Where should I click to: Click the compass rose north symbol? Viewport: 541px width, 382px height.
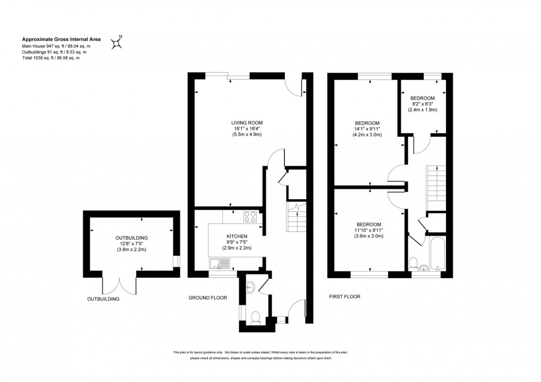tap(117, 43)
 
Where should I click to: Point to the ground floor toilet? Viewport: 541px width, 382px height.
tap(254, 317)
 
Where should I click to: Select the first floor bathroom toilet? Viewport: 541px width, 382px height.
tap(413, 261)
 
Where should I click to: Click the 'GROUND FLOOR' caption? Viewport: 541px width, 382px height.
tap(208, 298)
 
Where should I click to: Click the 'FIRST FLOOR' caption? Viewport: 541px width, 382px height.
tap(344, 296)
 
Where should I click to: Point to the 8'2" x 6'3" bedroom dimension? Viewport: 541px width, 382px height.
tap(422, 104)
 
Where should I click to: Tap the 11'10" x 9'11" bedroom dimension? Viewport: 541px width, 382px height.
tap(369, 230)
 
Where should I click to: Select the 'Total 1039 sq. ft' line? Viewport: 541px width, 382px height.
tap(50, 58)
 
